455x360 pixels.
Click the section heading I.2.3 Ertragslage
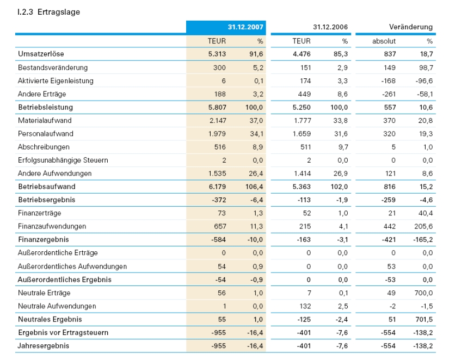point(48,11)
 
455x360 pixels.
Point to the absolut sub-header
point(384,41)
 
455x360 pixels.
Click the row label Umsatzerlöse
point(41,54)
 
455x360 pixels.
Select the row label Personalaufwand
point(46,134)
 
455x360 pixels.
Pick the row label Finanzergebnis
point(44,239)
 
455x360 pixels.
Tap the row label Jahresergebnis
point(44,345)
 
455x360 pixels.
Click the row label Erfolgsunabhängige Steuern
point(63,160)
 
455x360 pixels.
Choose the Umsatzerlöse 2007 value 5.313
point(217,54)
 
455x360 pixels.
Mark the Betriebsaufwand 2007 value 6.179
point(217,187)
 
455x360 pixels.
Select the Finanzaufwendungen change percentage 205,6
point(423,226)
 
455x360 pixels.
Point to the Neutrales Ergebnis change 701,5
point(423,319)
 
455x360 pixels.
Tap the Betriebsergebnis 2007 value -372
point(218,200)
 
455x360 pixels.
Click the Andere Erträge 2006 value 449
point(304,94)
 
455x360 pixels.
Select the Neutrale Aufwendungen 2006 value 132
point(304,306)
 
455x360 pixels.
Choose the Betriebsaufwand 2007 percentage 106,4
point(254,187)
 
